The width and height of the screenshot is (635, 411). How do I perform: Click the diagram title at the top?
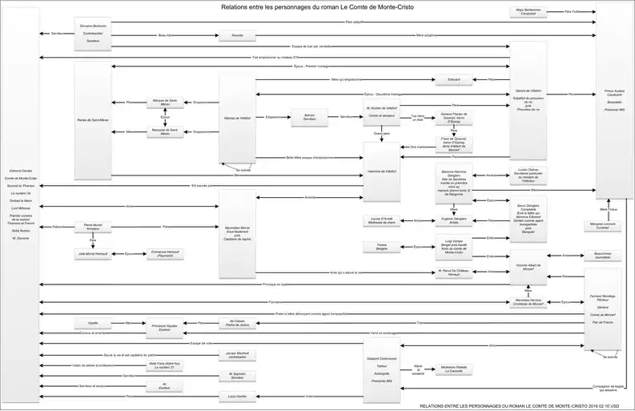coord(318,6)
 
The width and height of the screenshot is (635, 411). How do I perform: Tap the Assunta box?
coord(237,36)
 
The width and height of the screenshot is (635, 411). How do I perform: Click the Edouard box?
coord(454,80)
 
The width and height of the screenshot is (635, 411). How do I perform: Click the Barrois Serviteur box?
coord(309,117)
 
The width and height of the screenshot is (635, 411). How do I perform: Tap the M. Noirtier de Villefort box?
coord(381,113)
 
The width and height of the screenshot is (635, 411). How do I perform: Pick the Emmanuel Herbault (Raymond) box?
coord(167,254)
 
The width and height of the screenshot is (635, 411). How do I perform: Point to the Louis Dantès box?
coord(237,397)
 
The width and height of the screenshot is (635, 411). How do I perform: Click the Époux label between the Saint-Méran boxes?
coord(165,117)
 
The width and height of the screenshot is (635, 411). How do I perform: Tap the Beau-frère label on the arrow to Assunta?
coord(164,36)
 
